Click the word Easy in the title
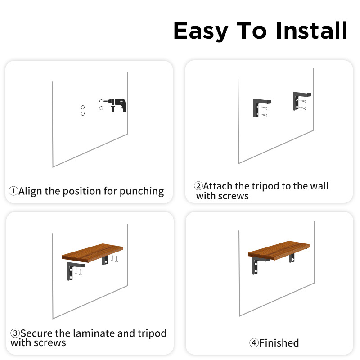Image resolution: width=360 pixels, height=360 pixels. coord(201,31)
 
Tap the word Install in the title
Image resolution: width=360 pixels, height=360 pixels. coord(311,30)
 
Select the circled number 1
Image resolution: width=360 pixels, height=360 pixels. coord(13,191)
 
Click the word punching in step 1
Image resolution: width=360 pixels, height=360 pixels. coord(142,192)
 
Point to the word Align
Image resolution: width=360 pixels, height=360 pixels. coord(30,191)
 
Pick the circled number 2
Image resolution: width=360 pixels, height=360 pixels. coord(198,185)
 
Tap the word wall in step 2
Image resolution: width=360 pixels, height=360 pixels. coord(319,186)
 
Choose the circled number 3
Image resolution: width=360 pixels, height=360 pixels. coord(15,333)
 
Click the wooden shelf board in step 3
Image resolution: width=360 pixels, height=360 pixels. coord(92,253)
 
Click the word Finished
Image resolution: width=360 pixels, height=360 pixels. coord(279,343)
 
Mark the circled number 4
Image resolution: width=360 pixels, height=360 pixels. coord(254,343)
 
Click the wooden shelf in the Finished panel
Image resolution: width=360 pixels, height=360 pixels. coord(279,250)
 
